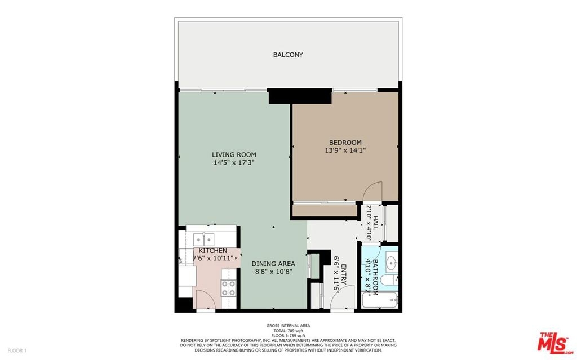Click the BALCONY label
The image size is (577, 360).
coord(288,55)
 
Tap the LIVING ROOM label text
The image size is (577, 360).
coord(234,154)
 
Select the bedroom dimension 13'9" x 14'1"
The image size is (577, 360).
coord(345,150)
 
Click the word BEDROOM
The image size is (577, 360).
coord(345,143)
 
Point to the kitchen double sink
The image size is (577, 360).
coord(203,239)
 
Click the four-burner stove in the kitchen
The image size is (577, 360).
coord(228,288)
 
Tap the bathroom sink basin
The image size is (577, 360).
coord(391,263)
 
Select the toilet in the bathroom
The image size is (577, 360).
coord(389,280)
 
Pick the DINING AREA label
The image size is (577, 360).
coord(273,264)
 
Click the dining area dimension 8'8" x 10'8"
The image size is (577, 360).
coord(273,272)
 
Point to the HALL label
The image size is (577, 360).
coord(376,223)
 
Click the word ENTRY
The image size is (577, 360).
coord(344,274)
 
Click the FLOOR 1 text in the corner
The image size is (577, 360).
coord(17,350)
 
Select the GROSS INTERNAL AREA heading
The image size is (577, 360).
coord(288,326)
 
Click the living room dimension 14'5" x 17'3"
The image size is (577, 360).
coord(234,162)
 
